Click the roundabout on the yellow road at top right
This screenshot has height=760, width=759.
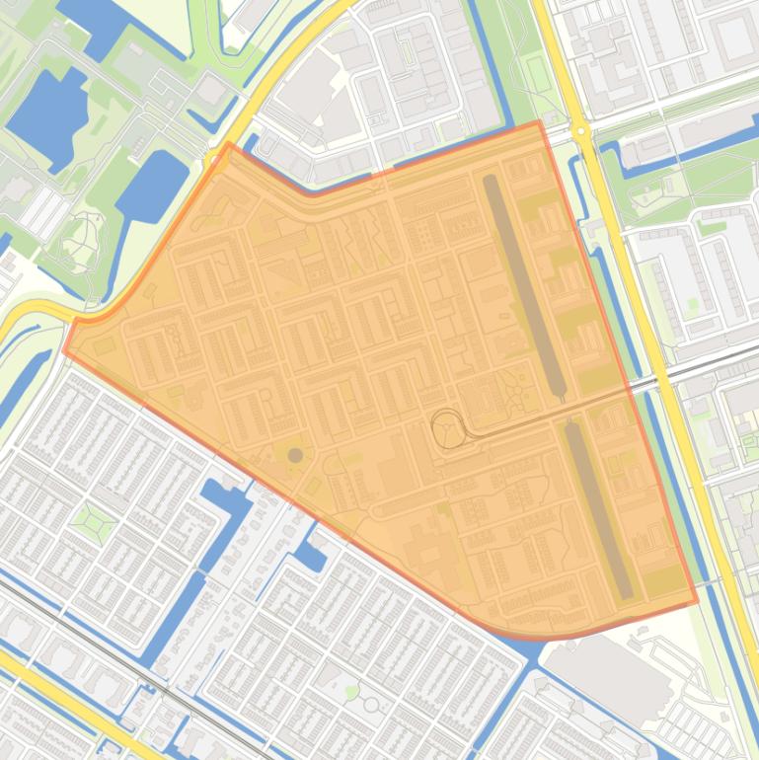click(580, 130)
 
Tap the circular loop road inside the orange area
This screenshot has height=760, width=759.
click(447, 428)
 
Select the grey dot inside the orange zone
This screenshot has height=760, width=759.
click(295, 455)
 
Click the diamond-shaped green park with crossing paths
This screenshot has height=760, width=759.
click(94, 519)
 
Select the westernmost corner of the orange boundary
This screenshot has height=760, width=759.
click(65, 349)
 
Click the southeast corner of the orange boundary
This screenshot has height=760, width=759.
click(697, 600)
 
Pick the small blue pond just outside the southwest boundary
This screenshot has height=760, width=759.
click(310, 557)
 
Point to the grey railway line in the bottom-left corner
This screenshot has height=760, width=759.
click(99, 643)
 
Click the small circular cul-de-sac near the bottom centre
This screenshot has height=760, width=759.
click(371, 705)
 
